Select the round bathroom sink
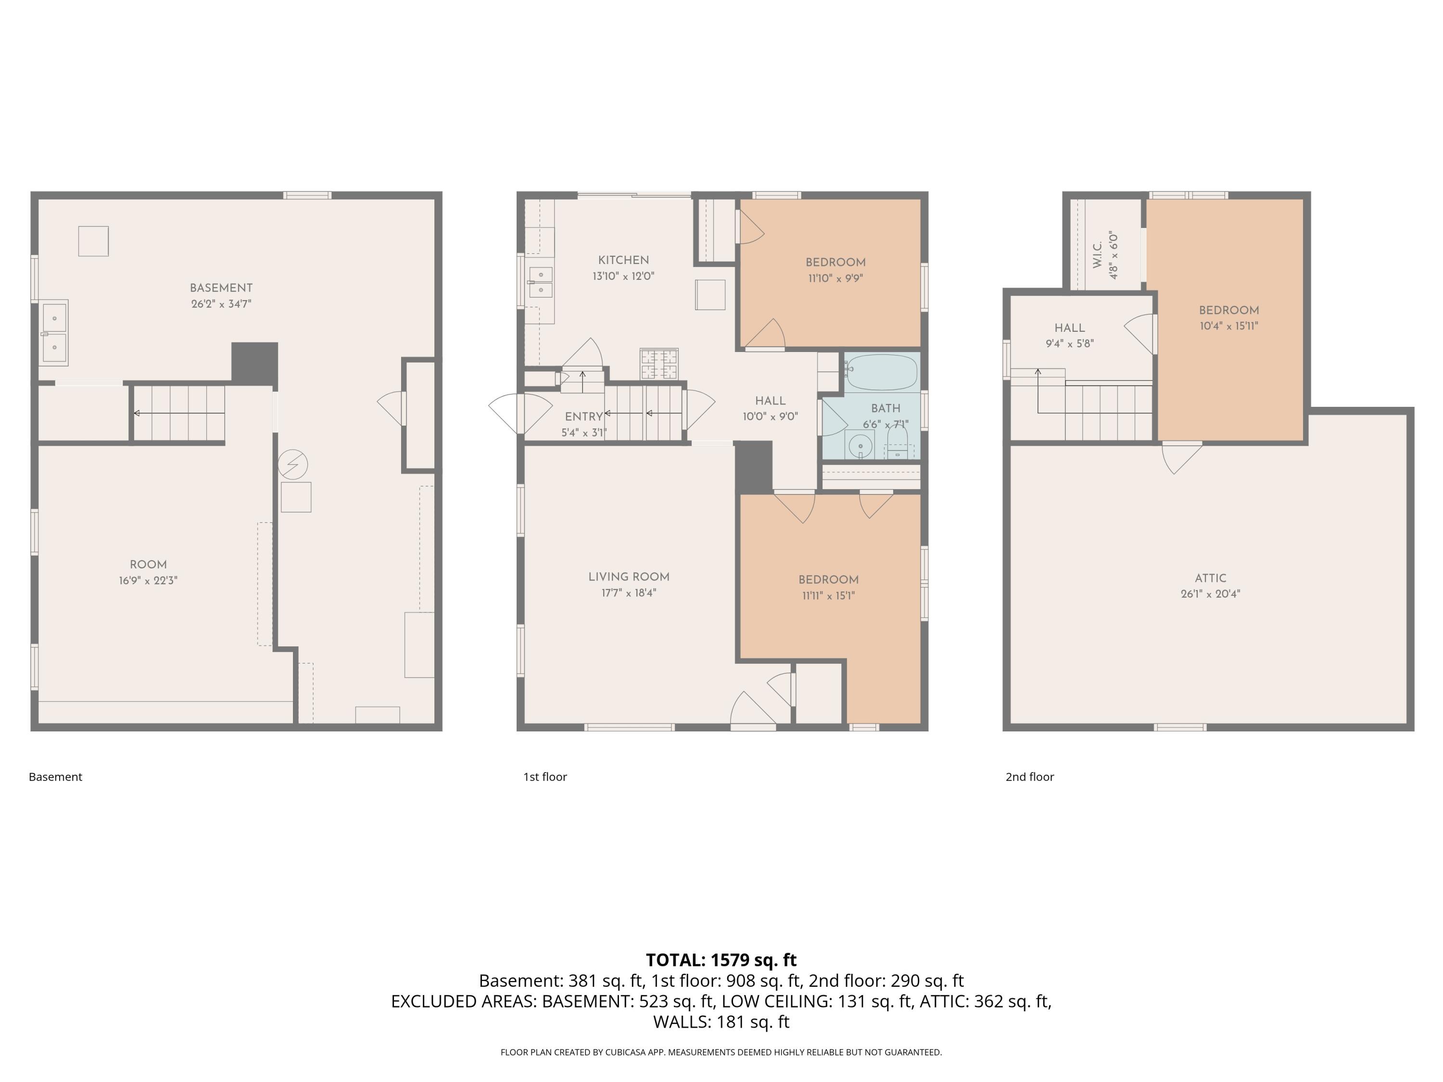[x=861, y=446]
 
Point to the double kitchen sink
[x=541, y=282]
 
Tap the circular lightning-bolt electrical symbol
[x=292, y=465]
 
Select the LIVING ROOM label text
[x=628, y=577]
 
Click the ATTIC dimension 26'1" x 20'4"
[x=1210, y=594]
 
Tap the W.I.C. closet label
[x=1097, y=254]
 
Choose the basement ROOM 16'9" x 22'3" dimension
[x=148, y=580]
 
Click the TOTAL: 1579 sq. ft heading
[x=721, y=960]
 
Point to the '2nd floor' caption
[x=1029, y=777]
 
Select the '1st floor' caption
[x=544, y=777]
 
